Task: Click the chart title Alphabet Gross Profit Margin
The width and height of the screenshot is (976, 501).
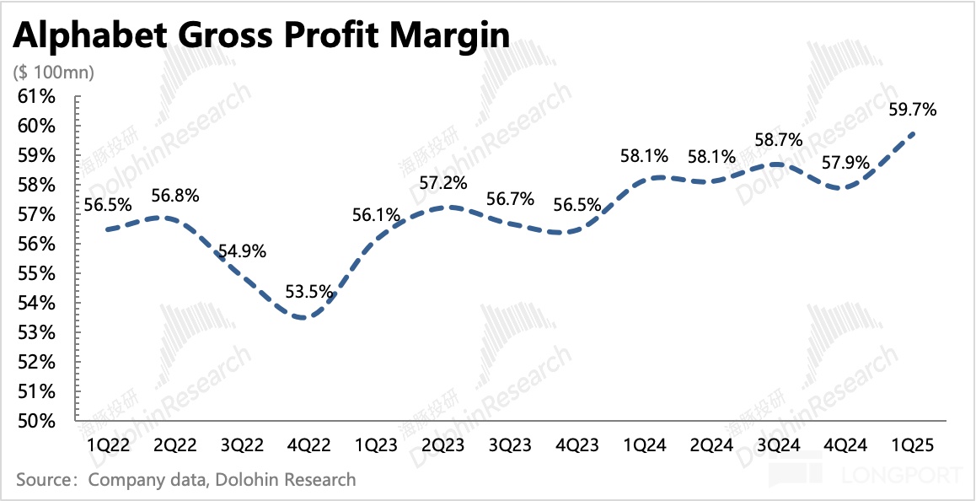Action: coord(260,35)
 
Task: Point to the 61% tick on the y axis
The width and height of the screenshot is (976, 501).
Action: coord(37,97)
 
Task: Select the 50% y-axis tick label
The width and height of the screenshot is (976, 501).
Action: coord(37,421)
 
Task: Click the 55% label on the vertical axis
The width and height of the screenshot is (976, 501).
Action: coord(37,273)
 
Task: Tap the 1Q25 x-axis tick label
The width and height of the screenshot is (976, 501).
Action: coord(914,444)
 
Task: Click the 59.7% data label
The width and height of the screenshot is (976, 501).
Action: coord(914,109)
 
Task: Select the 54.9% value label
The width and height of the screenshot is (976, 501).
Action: coord(243,251)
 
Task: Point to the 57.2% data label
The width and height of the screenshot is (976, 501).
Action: coord(444,183)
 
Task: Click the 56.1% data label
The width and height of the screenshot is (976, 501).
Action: coord(377,215)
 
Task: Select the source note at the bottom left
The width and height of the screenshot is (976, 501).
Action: coord(186,480)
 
